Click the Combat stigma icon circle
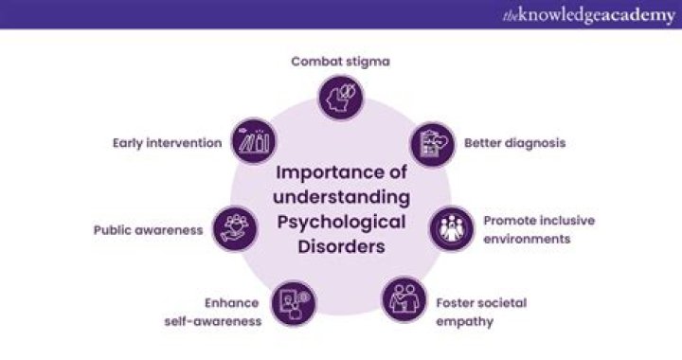[x=341, y=97]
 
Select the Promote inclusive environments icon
[x=451, y=228]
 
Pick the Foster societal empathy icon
[x=404, y=298]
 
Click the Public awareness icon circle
[x=234, y=227]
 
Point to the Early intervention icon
[x=254, y=143]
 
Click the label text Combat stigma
[x=340, y=62]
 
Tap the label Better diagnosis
[x=514, y=144]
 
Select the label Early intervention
[x=167, y=143]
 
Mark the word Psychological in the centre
[x=342, y=221]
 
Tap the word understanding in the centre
[x=342, y=196]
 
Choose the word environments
[x=527, y=238]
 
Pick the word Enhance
[x=231, y=303]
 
